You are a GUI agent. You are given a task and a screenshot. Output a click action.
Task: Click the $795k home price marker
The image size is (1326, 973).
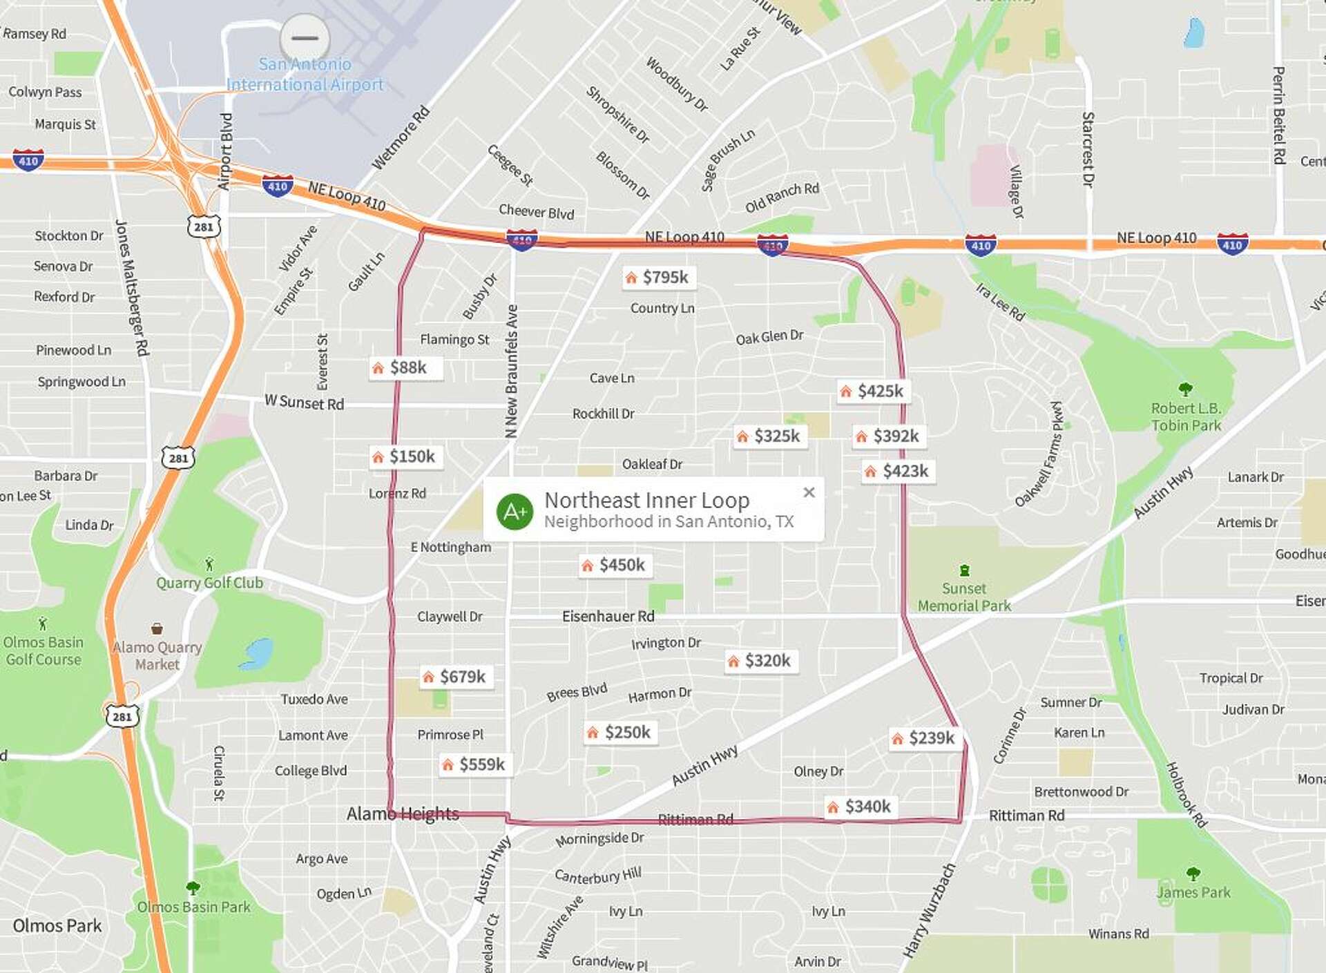(658, 278)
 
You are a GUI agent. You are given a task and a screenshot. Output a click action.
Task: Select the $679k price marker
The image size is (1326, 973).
(455, 677)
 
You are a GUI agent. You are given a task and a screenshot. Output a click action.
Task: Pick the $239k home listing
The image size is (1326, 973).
(923, 738)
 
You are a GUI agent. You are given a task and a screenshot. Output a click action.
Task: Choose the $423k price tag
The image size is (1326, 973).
(898, 472)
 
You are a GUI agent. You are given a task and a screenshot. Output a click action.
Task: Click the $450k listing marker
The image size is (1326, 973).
(614, 566)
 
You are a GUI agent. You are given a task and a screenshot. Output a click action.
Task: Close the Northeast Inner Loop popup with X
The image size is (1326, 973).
(809, 492)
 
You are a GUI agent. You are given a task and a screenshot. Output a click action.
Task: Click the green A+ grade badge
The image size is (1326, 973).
(515, 512)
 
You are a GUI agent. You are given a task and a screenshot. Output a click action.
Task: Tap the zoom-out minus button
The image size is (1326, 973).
(305, 38)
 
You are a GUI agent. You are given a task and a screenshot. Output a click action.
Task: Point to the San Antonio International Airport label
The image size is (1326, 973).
(305, 75)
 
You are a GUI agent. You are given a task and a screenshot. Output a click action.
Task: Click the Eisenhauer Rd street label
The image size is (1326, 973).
(608, 616)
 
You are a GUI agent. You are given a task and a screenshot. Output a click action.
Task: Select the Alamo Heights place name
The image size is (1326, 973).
(403, 814)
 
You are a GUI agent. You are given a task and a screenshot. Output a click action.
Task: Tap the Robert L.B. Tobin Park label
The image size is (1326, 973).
(1186, 417)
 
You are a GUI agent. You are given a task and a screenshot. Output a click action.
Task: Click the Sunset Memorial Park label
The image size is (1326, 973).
(964, 597)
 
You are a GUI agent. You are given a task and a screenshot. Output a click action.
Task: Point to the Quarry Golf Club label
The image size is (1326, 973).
(209, 583)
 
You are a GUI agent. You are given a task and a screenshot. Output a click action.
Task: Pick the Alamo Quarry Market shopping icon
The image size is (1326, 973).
(157, 628)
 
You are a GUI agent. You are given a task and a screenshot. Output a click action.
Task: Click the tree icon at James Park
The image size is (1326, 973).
(1193, 874)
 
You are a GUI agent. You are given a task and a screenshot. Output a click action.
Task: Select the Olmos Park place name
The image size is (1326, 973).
(57, 926)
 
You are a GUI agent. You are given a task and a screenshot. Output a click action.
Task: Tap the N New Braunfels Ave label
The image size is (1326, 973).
(512, 371)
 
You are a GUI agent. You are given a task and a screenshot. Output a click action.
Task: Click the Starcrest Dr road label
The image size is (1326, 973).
(1088, 150)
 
